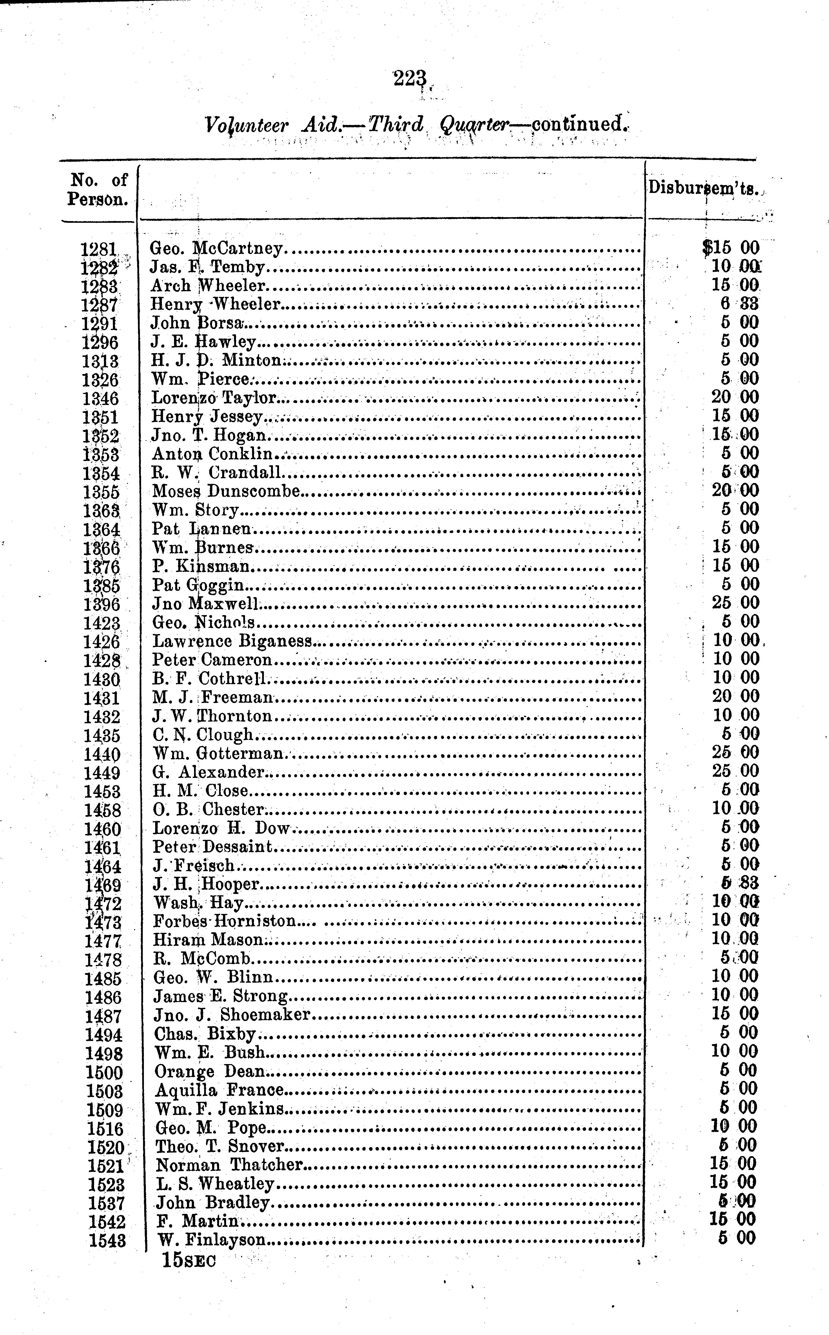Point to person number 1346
click(100, 399)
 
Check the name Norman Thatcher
click(229, 1165)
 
